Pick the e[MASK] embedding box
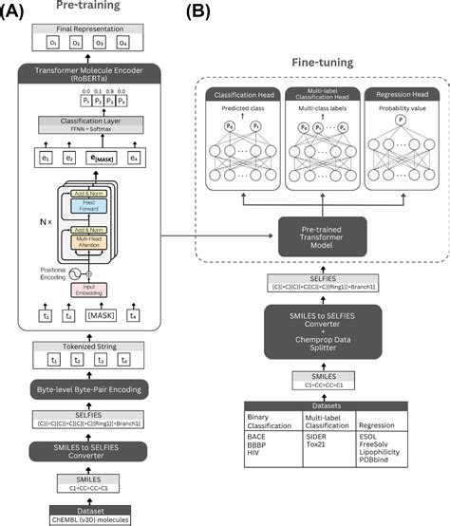coord(102,156)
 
